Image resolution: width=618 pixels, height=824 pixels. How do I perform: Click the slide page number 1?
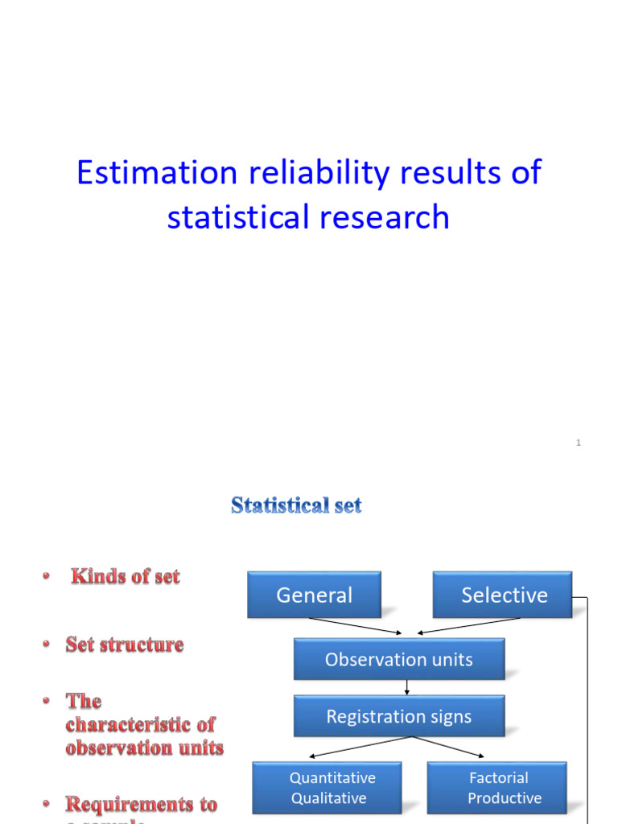578,443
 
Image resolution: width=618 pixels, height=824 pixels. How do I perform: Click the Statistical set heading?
296,505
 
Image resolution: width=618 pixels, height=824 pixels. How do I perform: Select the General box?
314,595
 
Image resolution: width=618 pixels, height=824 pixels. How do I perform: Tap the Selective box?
503,595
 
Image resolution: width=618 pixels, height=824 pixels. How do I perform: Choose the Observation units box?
398,659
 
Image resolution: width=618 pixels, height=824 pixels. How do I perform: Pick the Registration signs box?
398,716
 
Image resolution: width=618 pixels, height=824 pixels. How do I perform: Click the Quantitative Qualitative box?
332,788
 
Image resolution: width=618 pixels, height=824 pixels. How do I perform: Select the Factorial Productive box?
497,788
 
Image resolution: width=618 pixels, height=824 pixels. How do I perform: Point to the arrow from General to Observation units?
354,626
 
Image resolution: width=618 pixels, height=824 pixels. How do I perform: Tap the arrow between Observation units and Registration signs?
407,688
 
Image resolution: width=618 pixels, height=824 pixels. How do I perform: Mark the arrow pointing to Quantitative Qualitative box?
354,748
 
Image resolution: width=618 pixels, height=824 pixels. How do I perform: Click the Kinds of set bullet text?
126,576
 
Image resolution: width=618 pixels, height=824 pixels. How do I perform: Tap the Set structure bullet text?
125,645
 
